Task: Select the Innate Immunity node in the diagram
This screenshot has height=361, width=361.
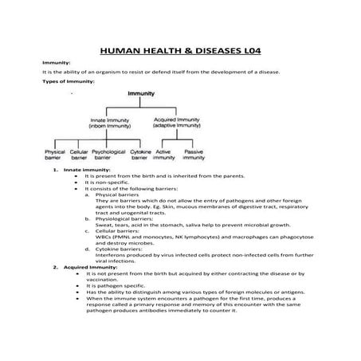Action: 111,124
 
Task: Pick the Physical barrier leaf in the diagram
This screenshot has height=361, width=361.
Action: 55,155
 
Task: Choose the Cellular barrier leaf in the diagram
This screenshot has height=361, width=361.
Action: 79,155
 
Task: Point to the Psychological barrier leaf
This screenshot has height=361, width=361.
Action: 110,155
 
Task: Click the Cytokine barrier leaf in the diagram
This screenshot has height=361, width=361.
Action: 140,155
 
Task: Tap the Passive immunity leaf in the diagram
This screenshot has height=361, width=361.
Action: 194,155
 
